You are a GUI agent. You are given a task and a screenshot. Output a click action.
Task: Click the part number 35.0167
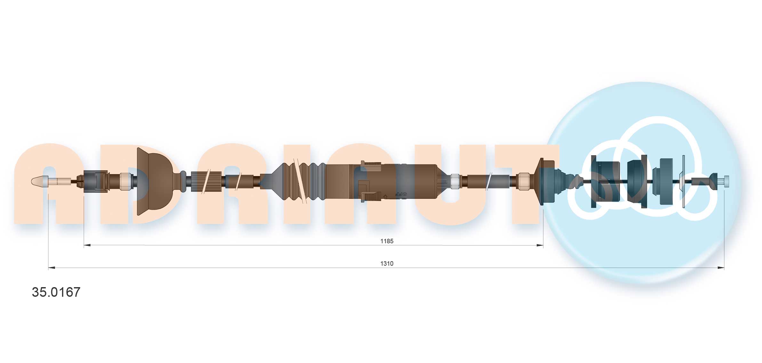pyautogui.click(x=56, y=292)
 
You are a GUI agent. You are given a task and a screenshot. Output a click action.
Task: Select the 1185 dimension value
pyautogui.click(x=387, y=241)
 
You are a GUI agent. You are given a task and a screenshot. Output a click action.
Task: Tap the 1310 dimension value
pyautogui.click(x=387, y=263)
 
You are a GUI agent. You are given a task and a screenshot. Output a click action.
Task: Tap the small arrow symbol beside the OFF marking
pyautogui.click(x=385, y=196)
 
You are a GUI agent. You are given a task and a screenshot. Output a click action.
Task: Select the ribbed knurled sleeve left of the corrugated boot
pyautogui.click(x=206, y=181)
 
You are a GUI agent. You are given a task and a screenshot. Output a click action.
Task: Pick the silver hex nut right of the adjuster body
pyautogui.click(x=455, y=181)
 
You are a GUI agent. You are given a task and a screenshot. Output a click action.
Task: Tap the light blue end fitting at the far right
pyautogui.click(x=726, y=181)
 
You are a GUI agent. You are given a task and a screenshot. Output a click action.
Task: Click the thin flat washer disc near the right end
pyautogui.click(x=683, y=181)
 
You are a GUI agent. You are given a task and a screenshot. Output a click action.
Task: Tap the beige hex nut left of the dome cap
pyautogui.click(x=126, y=181)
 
